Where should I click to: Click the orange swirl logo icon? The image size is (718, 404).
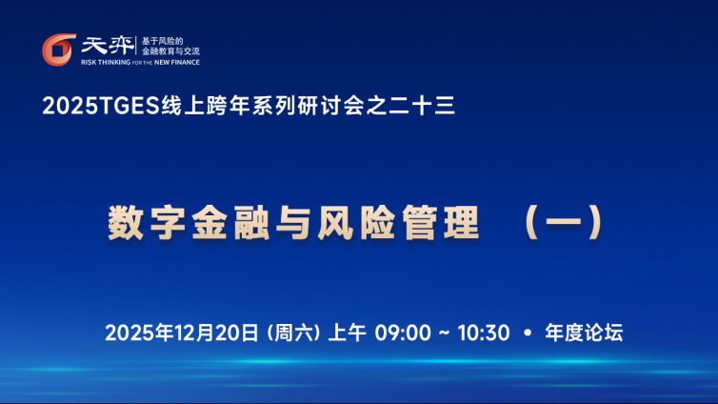59,50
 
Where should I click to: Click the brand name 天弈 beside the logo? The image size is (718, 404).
108,46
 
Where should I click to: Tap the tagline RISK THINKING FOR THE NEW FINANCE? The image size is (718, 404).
140,62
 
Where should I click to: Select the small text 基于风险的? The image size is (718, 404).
162,41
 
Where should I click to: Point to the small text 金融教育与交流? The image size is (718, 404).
170,51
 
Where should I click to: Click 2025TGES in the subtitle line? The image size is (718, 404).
101,106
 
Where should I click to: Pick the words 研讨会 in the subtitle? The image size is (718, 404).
330,106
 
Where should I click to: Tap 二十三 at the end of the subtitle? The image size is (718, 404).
422,106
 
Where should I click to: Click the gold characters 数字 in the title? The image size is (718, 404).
147,223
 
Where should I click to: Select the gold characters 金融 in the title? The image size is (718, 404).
230,223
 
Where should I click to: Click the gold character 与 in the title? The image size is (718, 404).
293,223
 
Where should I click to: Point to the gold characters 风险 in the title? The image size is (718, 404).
357,223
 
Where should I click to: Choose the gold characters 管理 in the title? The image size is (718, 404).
441,223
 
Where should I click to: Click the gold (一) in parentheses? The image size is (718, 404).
564,223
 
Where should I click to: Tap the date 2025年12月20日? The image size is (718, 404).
182,333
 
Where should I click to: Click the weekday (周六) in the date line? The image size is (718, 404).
293,333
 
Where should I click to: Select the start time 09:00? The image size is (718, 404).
403,333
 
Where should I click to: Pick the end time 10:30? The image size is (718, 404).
484,333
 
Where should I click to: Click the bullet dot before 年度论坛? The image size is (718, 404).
528,333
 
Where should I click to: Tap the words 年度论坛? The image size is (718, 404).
584,333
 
